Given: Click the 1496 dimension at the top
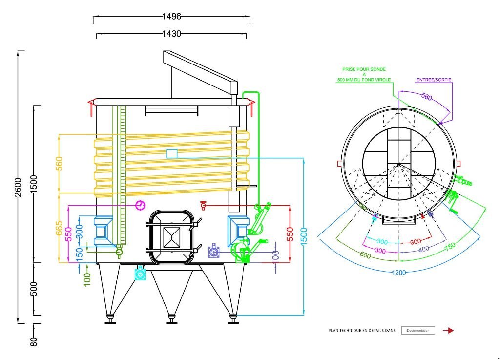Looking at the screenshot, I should tap(171, 16).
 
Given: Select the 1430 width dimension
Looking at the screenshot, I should tap(171, 34).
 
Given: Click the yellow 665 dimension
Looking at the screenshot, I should tap(59, 229).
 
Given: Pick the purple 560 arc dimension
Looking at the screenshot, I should tap(426, 97).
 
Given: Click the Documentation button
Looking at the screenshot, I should tap(417, 331).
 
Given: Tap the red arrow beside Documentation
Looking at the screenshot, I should tap(448, 331).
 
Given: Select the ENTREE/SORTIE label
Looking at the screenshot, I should tap(434, 79).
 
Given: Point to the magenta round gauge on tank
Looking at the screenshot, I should tap(140, 205).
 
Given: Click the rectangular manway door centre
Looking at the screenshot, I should tap(172, 238).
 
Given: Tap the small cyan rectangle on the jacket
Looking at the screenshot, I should tap(171, 153).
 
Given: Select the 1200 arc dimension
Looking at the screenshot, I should tap(399, 273).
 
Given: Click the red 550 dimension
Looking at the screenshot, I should tap(290, 234).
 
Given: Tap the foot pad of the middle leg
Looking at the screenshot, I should tap(171, 322).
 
